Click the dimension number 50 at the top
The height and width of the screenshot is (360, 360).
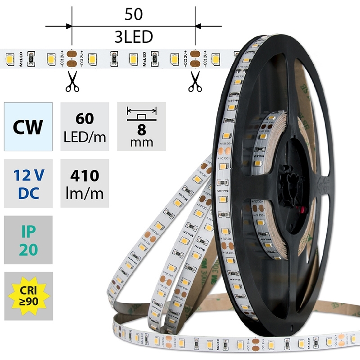coord(133,14)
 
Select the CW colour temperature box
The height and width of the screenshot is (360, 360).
coord(28,126)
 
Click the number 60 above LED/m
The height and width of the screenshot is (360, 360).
coord(85,119)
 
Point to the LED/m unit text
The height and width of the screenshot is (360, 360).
coord(85,136)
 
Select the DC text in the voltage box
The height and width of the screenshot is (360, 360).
coord(28,193)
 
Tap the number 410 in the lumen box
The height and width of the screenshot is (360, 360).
coord(85,175)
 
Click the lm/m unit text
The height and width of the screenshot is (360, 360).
coord(85,193)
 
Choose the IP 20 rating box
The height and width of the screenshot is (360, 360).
coord(28,240)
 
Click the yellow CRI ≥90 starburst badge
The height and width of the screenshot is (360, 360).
coord(28,296)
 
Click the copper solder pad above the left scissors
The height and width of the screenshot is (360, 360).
coord(72,58)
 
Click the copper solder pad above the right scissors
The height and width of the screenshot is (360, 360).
coord(195,58)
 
